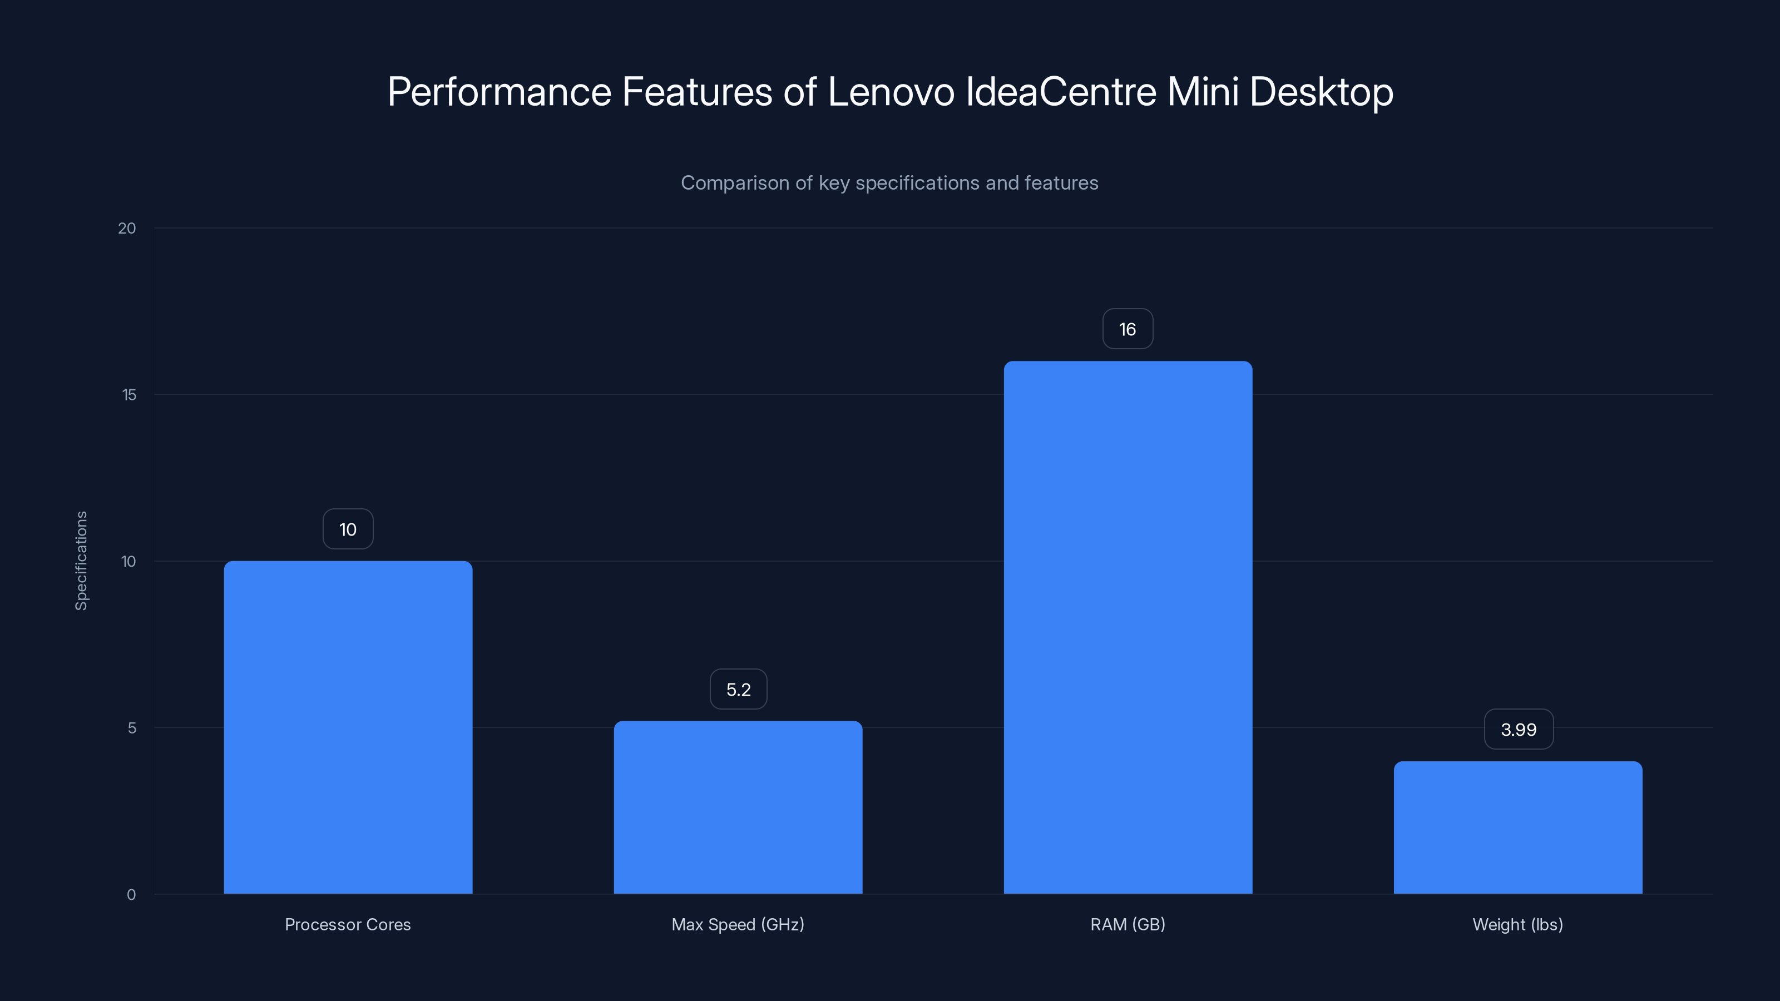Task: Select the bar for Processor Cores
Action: coord(348,727)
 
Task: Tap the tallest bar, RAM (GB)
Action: coord(1128,627)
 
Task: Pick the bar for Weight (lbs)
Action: coord(1517,827)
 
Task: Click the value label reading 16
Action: coord(1128,329)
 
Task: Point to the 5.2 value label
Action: coord(738,689)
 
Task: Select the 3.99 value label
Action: coord(1518,729)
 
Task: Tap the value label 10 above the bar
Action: coord(348,529)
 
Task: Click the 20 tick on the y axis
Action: coord(127,228)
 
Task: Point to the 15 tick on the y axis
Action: coord(129,394)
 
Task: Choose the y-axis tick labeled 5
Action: coord(132,727)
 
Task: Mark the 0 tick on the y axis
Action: coord(131,895)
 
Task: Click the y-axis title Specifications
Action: coord(81,560)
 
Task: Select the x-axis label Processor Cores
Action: coord(348,924)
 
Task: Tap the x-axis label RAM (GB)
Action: coord(1128,924)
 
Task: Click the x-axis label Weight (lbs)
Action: coord(1517,924)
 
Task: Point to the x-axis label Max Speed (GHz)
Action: coord(737,924)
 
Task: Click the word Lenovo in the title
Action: coord(891,92)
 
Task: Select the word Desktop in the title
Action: coord(1321,92)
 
